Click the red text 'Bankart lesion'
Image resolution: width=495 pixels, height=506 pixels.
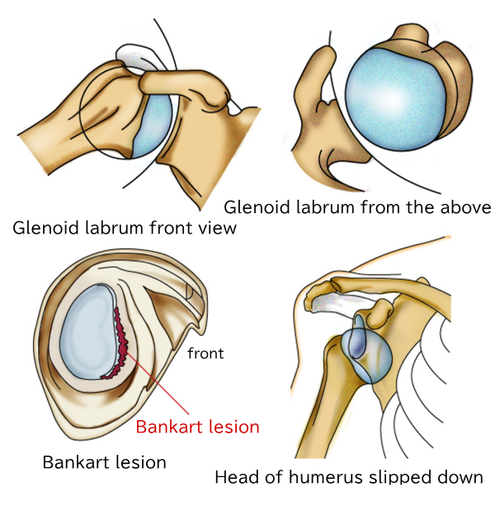point(197,427)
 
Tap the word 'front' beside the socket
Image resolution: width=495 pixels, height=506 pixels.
point(205,354)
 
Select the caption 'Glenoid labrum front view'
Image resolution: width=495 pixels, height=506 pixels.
point(125,228)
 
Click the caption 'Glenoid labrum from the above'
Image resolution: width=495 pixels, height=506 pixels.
point(358,207)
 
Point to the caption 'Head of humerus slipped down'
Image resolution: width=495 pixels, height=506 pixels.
point(348,477)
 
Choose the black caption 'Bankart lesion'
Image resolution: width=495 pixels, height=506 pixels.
point(104,462)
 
